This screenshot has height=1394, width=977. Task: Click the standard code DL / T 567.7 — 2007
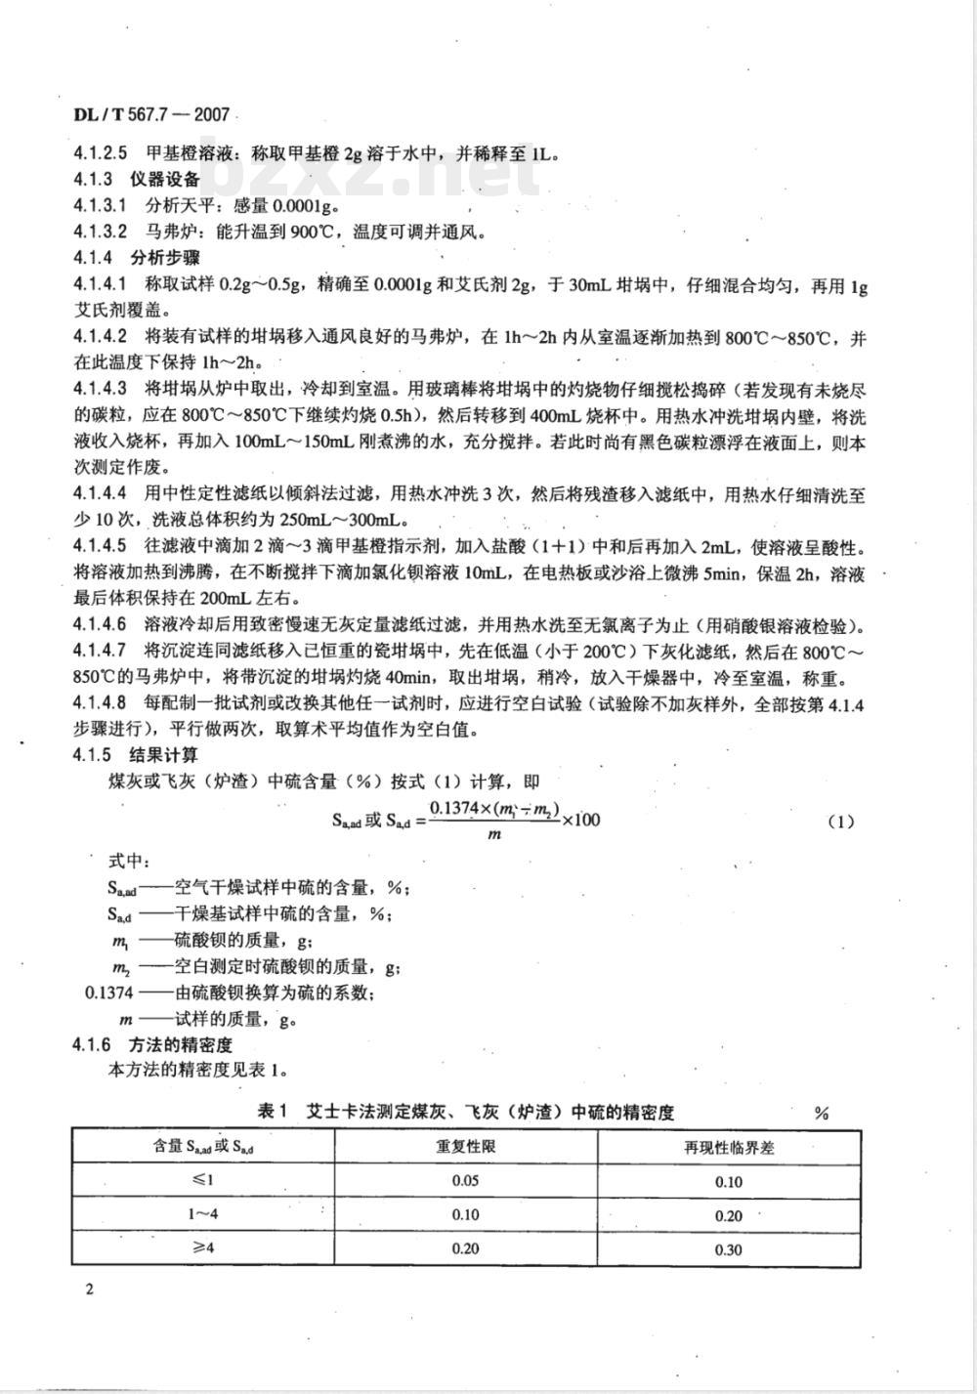point(151,114)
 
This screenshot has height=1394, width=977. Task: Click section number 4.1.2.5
point(101,153)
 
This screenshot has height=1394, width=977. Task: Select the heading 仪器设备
point(165,179)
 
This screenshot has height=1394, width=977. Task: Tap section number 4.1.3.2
point(101,232)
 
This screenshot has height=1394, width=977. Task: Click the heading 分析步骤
point(165,258)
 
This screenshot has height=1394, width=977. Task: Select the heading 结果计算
point(165,755)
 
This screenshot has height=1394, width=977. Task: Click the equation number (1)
point(840,822)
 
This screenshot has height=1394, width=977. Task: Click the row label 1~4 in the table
point(202,1214)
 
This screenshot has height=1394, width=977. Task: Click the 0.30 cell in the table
point(729,1249)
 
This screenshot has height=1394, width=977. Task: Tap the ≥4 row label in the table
point(202,1248)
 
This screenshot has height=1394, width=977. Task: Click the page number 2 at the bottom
point(89,1290)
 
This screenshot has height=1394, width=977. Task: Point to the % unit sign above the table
point(821,1114)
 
